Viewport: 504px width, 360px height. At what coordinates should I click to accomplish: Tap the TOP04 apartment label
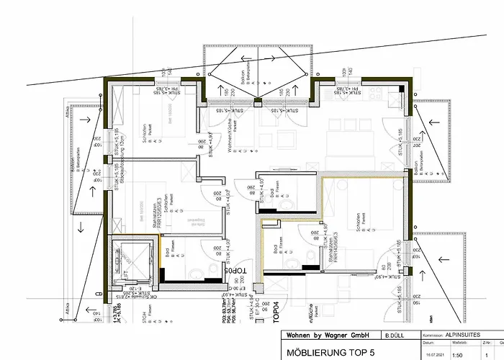point(274,311)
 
